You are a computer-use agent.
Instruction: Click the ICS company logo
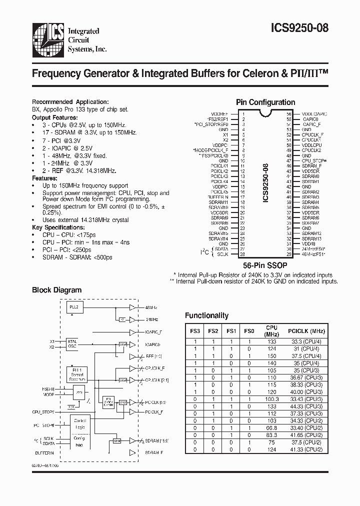[48, 38]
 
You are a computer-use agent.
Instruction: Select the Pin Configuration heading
[265, 102]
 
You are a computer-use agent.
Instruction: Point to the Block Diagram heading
[56, 290]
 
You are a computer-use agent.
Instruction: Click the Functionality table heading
[206, 315]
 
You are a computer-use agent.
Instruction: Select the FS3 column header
[195, 330]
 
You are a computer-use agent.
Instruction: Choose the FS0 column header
[248, 330]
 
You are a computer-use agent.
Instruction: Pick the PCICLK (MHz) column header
[306, 330]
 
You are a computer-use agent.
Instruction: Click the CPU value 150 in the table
[271, 356]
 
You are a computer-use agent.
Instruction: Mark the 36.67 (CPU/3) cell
[306, 377]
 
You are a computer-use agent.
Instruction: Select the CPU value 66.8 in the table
[271, 428]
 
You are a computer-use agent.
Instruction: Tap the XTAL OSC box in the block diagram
[72, 343]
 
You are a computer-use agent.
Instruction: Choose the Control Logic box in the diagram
[80, 424]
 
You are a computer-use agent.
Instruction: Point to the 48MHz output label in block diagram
[151, 307]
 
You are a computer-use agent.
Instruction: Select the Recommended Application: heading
[70, 101]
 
